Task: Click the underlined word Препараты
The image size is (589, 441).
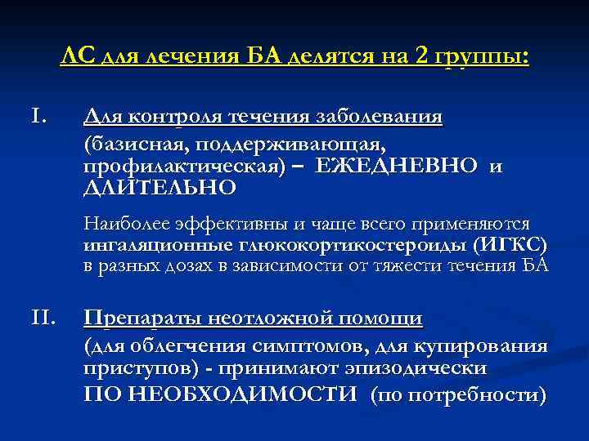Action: (138, 318)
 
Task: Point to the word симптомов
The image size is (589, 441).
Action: (288, 345)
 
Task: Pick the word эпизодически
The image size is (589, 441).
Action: (419, 367)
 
